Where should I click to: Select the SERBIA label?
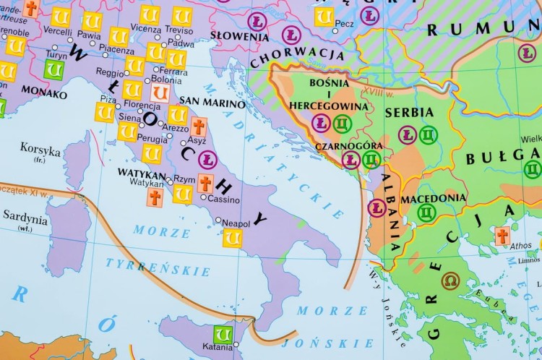click(x=409, y=112)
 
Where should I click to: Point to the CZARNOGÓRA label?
click(x=348, y=145)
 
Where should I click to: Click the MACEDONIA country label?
click(x=433, y=197)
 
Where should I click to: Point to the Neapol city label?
click(x=236, y=223)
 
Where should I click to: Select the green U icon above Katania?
click(x=223, y=335)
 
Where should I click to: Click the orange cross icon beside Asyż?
click(x=199, y=127)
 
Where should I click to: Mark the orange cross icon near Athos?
click(x=502, y=236)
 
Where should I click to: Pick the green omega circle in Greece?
click(x=452, y=280)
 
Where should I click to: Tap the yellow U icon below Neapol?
click(x=232, y=238)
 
